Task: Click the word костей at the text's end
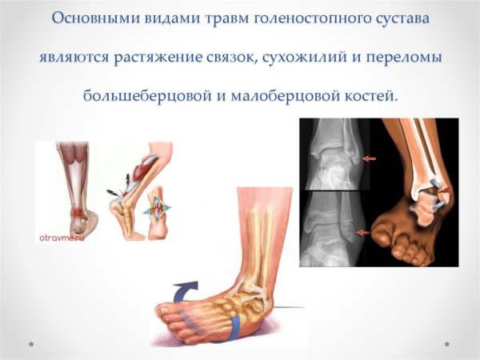373,95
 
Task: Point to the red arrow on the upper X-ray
368,159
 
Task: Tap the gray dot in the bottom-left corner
30,344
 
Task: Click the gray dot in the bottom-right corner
449,344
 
